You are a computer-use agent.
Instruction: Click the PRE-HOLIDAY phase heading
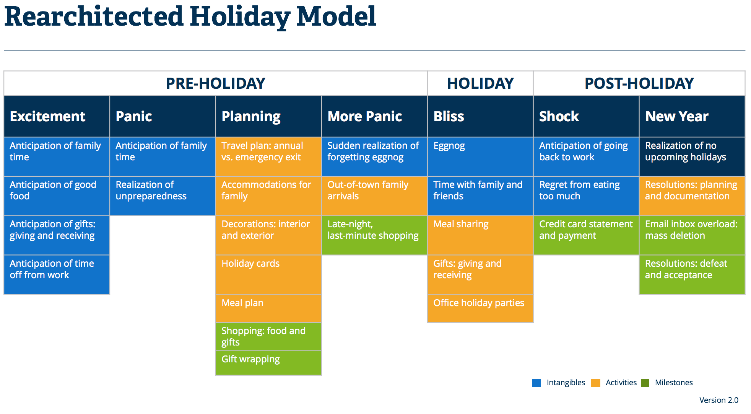coord(215,83)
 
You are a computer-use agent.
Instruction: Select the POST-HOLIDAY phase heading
coord(639,83)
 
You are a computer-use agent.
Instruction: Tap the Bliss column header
coord(449,116)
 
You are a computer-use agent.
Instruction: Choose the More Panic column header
coord(364,116)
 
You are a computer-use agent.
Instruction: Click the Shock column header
coord(559,116)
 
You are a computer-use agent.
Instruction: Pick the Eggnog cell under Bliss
coord(480,156)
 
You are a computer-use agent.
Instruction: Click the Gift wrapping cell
coord(268,362)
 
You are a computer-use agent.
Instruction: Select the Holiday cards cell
coord(268,274)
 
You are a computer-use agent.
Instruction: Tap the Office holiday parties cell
coord(480,308)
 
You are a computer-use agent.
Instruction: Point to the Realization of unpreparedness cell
coord(162,196)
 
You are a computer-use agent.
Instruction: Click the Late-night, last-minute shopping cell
coord(374,235)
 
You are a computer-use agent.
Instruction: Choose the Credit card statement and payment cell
coord(586,235)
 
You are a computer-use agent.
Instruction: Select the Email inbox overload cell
coord(692,235)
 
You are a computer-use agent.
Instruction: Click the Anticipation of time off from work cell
coord(57,274)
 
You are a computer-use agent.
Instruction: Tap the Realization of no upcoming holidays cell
coord(692,156)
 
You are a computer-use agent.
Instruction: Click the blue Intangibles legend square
coord(536,383)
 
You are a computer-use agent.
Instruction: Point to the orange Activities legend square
coord(595,383)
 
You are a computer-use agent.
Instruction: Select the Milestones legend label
coord(673,383)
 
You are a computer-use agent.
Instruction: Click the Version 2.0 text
coord(718,400)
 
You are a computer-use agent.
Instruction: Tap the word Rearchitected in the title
coord(94,17)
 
